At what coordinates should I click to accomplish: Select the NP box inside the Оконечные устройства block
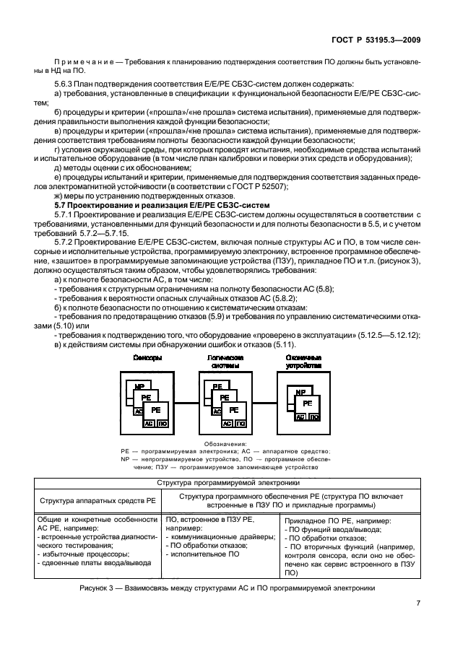click(x=298, y=392)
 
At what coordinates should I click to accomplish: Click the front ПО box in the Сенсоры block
click(x=162, y=424)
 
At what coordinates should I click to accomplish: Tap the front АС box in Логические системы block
click(x=227, y=424)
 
